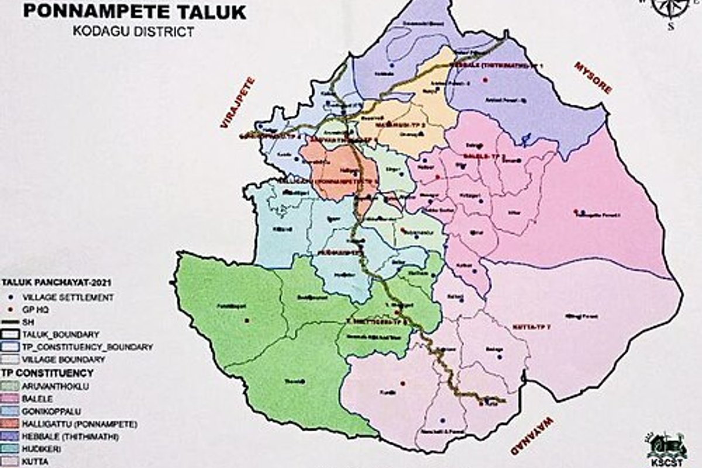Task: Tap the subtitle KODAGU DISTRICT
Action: pyautogui.click(x=133, y=31)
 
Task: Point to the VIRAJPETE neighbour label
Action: pyautogui.click(x=238, y=102)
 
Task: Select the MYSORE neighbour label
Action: pyautogui.click(x=593, y=77)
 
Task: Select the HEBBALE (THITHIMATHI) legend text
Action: pyautogui.click(x=70, y=436)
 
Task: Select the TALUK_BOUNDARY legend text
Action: pyautogui.click(x=61, y=335)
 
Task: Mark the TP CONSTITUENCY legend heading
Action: pyautogui.click(x=47, y=373)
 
